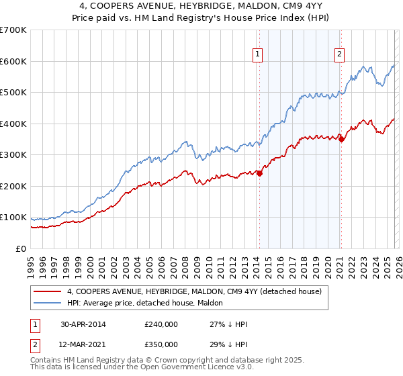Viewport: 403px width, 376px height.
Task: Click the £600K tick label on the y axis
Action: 13,61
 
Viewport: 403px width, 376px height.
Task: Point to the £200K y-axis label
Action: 13,186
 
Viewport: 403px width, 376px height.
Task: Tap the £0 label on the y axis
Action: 20,248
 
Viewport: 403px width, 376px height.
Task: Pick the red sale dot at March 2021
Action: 341,139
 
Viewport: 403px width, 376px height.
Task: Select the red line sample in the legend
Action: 48,291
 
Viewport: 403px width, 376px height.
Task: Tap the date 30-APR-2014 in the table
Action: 83,324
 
